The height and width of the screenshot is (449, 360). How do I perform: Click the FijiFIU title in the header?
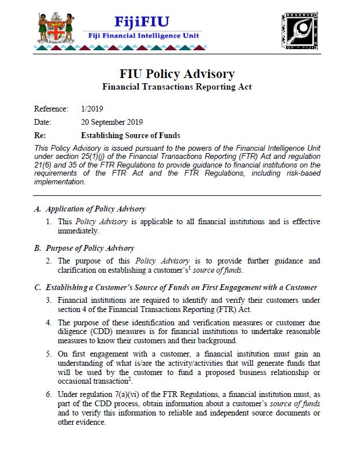point(142,22)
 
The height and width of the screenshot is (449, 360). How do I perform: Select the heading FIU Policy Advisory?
point(177,74)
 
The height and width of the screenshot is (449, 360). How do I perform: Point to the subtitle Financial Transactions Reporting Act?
point(177,87)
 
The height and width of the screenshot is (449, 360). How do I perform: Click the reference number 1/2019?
point(93,109)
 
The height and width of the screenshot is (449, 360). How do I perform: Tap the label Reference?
point(51,109)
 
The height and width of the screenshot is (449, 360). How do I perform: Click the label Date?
point(43,123)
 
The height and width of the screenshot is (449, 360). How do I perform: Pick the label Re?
point(40,136)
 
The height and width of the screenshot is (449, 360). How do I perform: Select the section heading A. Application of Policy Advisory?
point(90,209)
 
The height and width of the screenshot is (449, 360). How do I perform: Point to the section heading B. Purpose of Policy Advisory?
point(84,248)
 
